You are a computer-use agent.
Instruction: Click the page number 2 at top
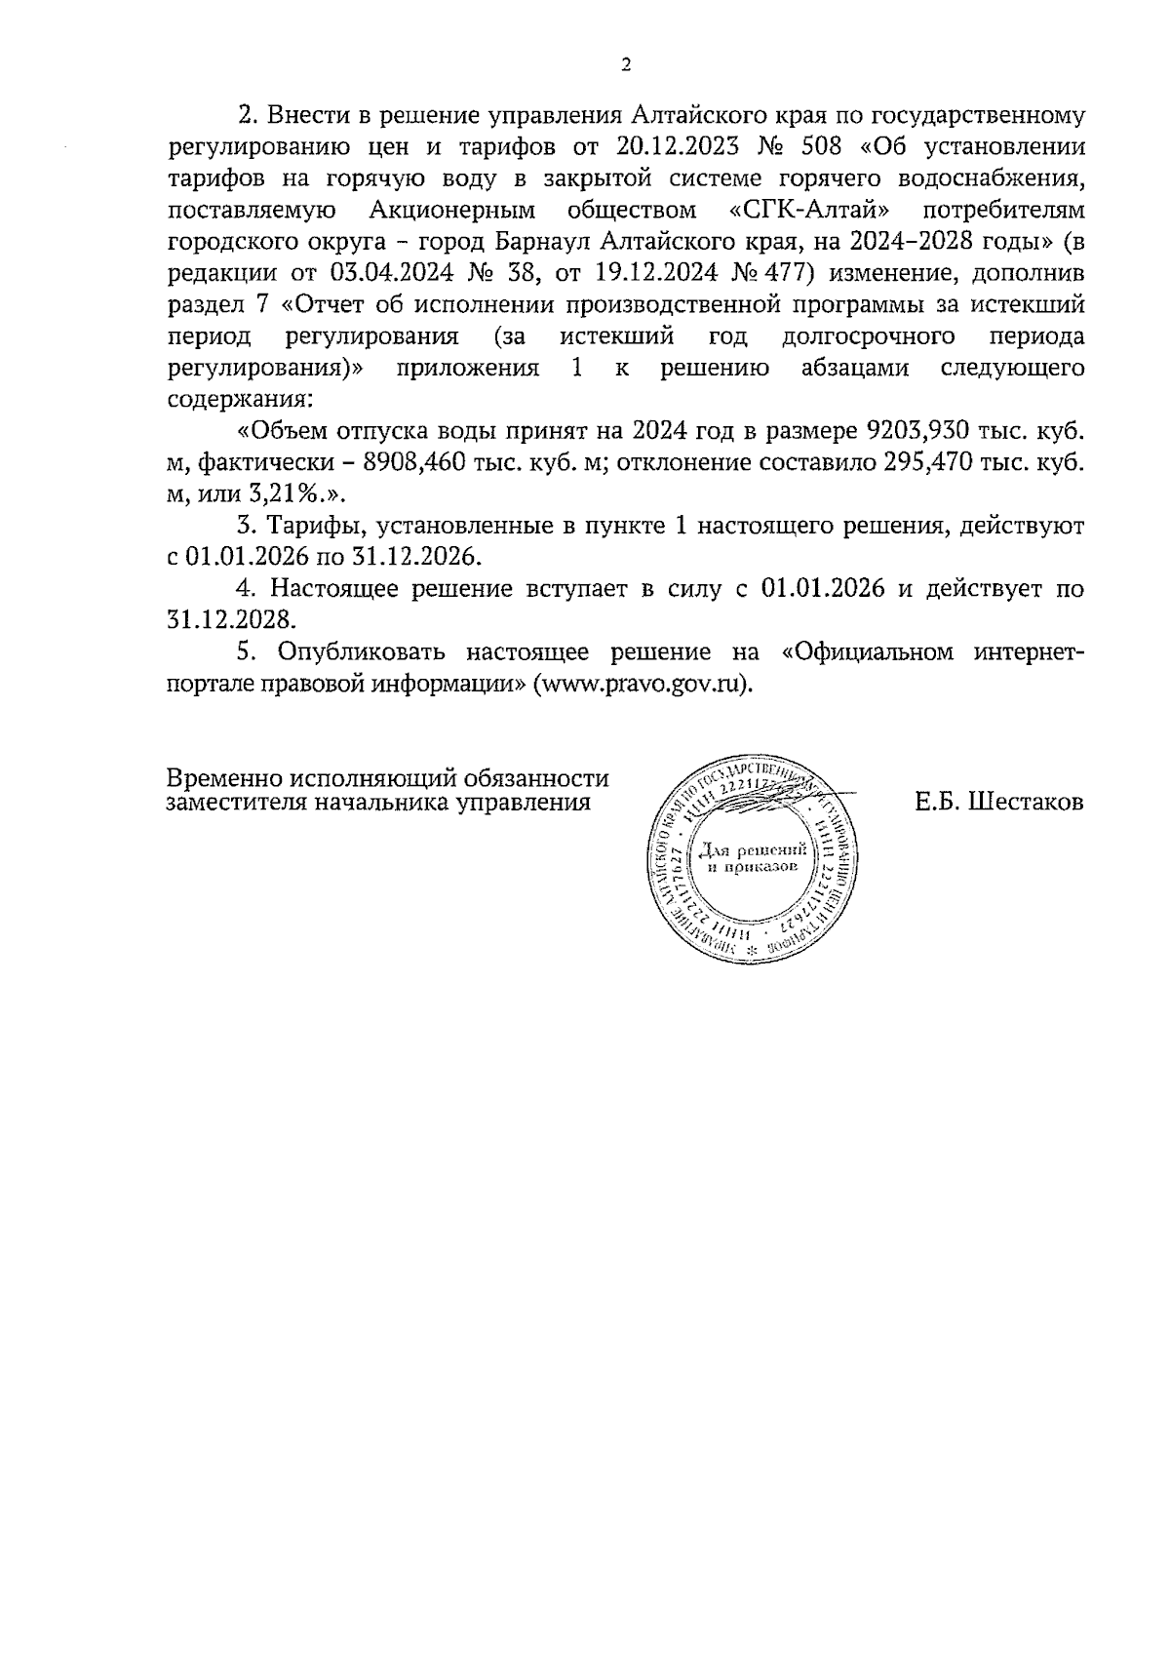click(x=625, y=65)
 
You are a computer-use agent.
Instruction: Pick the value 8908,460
click(x=420, y=462)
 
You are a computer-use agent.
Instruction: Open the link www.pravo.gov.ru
click(x=642, y=683)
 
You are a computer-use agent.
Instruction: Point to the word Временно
click(x=222, y=779)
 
